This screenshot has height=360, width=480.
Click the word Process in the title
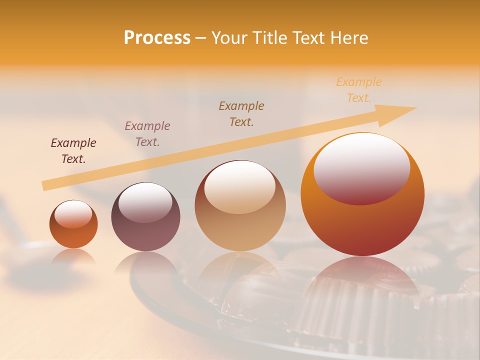click(157, 38)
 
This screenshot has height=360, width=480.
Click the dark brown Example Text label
click(73, 151)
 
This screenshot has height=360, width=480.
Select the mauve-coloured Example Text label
click(147, 134)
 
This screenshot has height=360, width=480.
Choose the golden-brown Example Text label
click(241, 113)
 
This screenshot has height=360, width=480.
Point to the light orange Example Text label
click(359, 90)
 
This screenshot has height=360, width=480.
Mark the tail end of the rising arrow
click(44, 186)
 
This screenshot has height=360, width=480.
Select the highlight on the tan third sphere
click(240, 186)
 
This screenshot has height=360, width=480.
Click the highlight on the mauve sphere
click(145, 201)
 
